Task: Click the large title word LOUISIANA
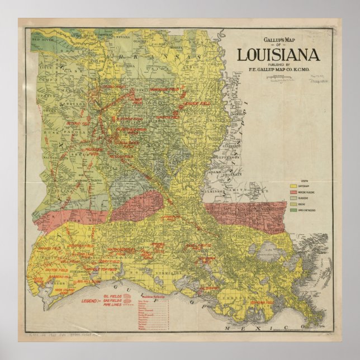point(278,55)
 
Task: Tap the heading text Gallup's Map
point(278,39)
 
